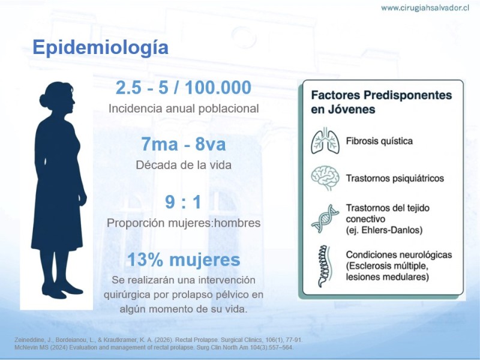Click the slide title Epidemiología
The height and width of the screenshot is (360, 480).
(100, 47)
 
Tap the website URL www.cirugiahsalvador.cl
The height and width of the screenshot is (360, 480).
(425, 8)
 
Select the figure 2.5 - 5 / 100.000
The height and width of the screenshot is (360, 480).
(184, 87)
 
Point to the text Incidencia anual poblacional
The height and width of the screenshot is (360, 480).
(184, 109)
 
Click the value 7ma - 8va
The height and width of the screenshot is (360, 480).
(184, 144)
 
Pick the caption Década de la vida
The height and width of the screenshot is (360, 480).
(184, 165)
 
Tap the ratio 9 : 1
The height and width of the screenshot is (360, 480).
(183, 202)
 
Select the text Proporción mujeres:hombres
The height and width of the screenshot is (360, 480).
(184, 223)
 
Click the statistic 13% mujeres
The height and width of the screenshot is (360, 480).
(184, 260)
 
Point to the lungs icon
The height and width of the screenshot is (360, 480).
(325, 140)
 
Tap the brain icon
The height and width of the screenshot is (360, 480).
(325, 178)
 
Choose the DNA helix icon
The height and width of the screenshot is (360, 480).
(325, 219)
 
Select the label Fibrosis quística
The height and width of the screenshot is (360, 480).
(379, 141)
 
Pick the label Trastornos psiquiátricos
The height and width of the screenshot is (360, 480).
(395, 178)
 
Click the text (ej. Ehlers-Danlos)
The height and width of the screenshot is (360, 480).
(384, 230)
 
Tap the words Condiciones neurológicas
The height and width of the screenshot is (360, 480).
(399, 254)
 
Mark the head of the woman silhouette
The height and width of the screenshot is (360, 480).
(58, 98)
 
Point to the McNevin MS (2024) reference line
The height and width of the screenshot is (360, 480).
(154, 347)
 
